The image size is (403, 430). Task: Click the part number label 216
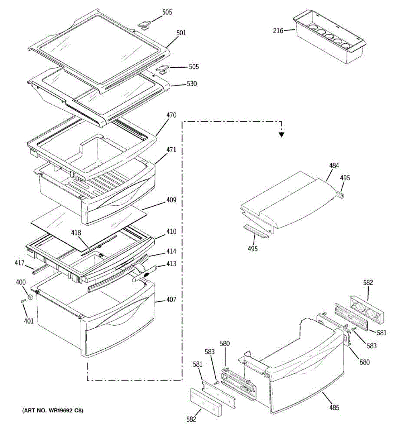click(x=278, y=30)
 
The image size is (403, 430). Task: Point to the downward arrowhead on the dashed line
click(x=282, y=135)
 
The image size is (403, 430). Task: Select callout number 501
click(x=181, y=33)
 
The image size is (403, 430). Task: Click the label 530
click(x=192, y=84)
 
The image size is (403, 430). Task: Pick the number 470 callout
click(x=171, y=116)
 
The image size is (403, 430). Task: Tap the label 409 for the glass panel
click(x=171, y=200)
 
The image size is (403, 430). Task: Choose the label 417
click(x=19, y=263)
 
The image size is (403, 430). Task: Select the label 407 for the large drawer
click(x=171, y=300)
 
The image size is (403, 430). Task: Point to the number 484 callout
click(x=334, y=166)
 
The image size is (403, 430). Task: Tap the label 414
click(x=171, y=252)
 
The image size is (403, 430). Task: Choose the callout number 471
click(x=171, y=150)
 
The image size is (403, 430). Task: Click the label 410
click(x=171, y=231)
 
